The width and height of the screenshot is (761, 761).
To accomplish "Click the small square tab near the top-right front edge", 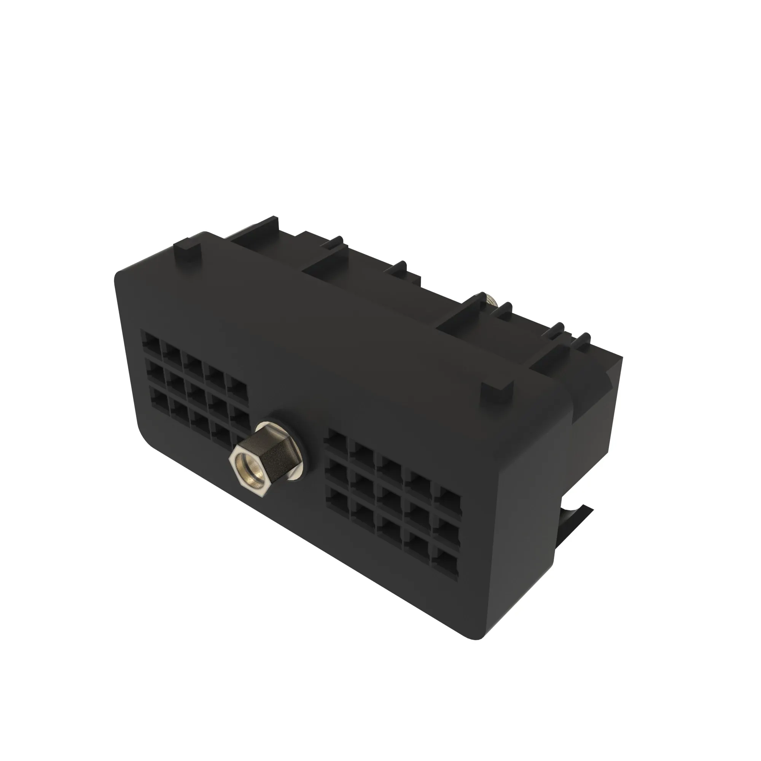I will click(x=497, y=391).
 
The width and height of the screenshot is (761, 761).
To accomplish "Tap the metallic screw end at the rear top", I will click(x=491, y=301).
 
